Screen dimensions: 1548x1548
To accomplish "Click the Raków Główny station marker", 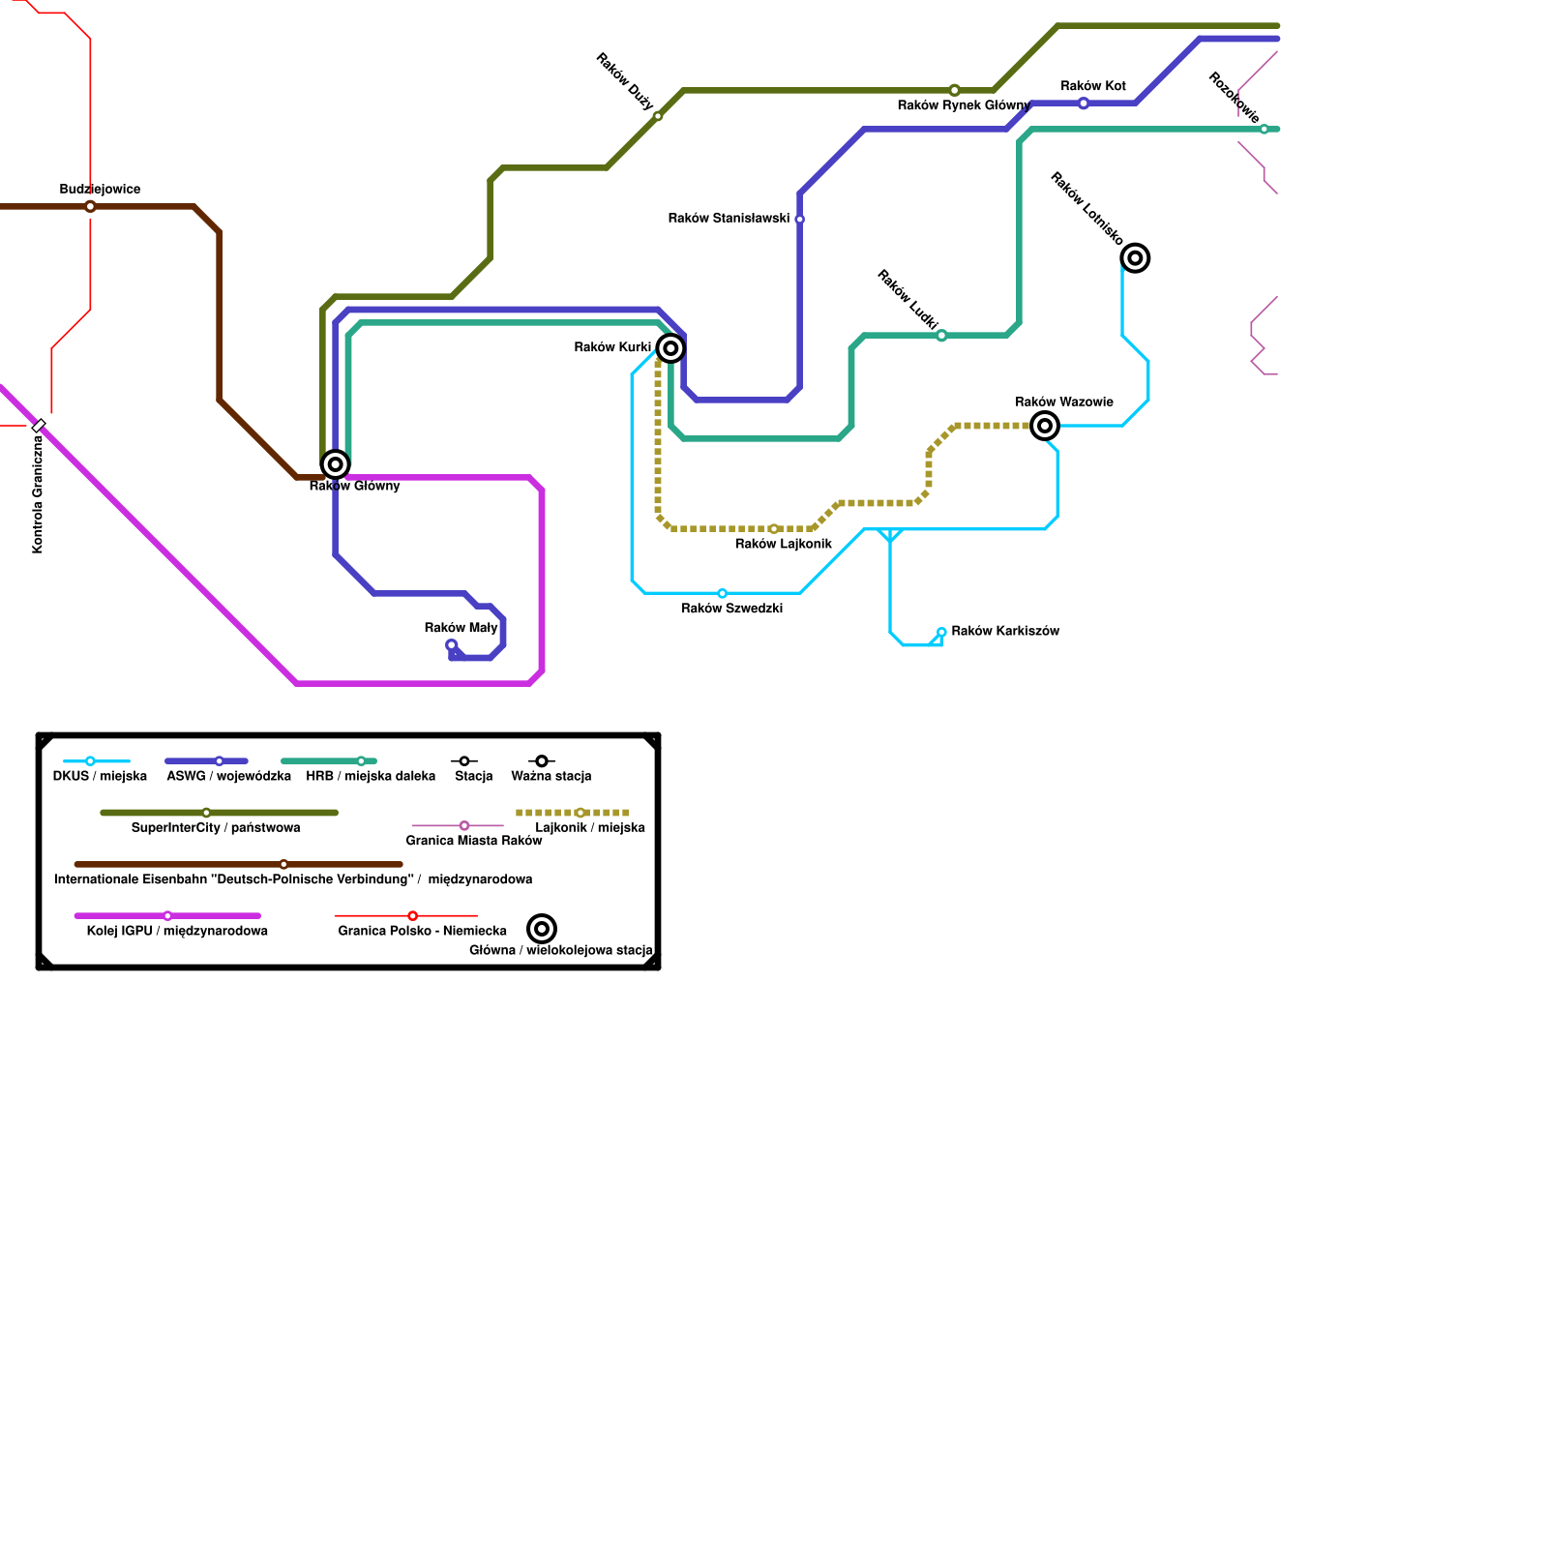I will [335, 464].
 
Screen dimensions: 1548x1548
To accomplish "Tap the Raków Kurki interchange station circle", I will [670, 348].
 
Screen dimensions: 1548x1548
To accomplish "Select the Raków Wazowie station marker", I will [1045, 426].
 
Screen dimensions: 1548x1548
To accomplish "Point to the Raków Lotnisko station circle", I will [1135, 258].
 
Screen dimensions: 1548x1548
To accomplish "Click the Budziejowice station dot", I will [90, 207].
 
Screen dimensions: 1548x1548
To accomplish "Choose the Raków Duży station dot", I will [658, 117].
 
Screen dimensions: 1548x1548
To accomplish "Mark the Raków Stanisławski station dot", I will [799, 220].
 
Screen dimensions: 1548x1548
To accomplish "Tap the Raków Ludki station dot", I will [941, 336].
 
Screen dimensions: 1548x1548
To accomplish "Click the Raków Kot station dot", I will [1084, 104].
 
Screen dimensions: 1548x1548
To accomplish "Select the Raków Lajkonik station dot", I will [774, 529].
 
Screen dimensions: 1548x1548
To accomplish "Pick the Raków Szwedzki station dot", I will [722, 593].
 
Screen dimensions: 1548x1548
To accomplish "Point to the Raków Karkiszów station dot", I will [941, 632].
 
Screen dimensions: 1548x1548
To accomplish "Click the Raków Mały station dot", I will [451, 645].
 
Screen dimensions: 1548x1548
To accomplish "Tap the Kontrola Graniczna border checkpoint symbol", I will [39, 426].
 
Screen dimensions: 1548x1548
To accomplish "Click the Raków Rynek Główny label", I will [963, 105].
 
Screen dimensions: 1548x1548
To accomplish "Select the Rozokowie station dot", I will [1264, 130].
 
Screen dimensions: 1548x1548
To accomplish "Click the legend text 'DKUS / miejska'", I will [100, 776].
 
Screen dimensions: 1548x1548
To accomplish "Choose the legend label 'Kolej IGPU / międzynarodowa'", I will [177, 931].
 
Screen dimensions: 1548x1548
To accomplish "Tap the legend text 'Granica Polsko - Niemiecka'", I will [422, 931].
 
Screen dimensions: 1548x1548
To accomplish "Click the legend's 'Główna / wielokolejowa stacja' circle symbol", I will [542, 929].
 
